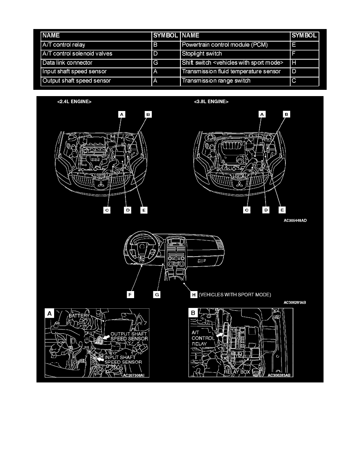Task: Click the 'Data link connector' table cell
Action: (96, 63)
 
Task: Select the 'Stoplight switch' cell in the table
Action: (235, 54)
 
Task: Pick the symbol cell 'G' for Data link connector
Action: (166, 63)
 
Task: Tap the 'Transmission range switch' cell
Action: (235, 81)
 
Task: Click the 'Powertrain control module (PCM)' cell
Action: (235, 45)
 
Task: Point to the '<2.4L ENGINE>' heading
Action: (74, 102)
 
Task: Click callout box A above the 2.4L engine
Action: (122, 115)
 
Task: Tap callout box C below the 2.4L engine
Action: (107, 210)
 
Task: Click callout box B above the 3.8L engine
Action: (287, 115)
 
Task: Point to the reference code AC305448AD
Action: (295, 220)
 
